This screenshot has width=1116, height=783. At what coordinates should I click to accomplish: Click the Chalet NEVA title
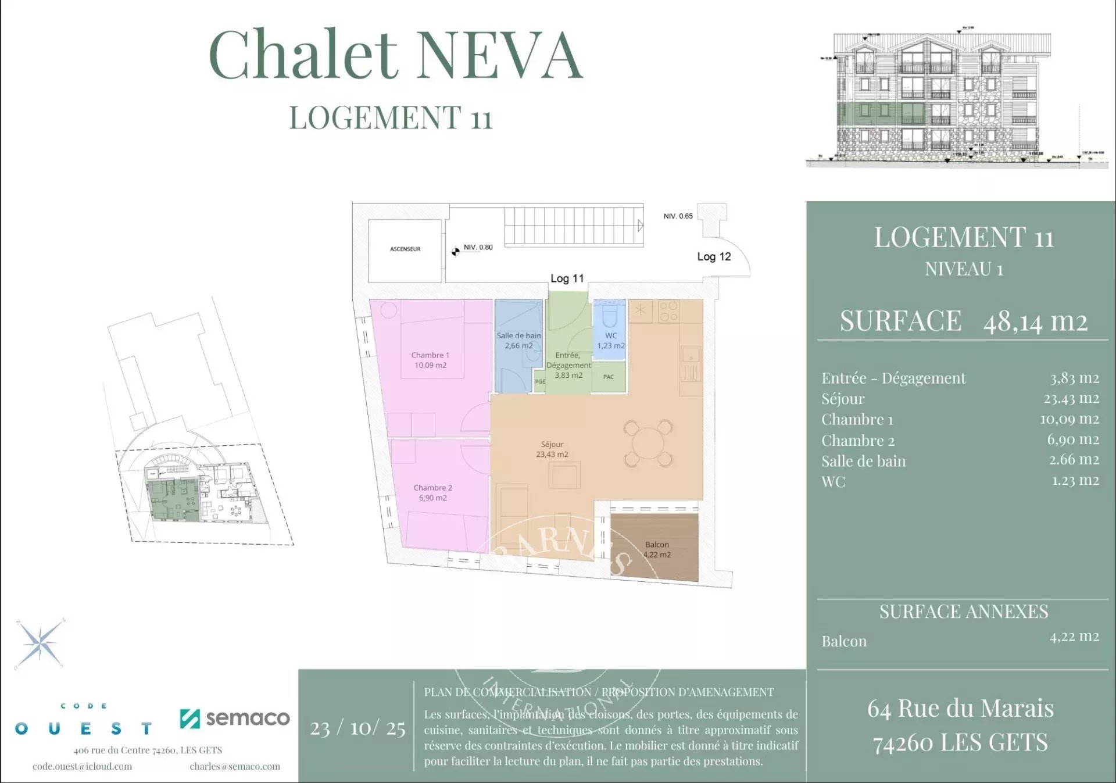point(395,55)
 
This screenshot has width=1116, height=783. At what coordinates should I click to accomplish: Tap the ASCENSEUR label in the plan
point(405,249)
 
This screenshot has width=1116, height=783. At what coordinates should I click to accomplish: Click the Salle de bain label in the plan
point(518,336)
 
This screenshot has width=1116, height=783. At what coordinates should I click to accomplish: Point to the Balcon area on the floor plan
point(656,548)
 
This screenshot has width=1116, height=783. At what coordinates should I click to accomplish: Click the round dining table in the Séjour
point(648,444)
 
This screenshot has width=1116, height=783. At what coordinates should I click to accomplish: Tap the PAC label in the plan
point(609,377)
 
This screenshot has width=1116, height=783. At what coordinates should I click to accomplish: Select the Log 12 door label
point(714,257)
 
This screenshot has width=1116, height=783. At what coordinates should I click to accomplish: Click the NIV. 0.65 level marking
point(678,216)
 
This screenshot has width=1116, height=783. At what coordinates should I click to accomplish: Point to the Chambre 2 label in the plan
point(432,488)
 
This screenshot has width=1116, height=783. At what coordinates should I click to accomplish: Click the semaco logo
point(235,718)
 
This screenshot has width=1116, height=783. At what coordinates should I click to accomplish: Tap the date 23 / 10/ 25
point(357,728)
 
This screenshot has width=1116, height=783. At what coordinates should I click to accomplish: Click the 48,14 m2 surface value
point(1035,321)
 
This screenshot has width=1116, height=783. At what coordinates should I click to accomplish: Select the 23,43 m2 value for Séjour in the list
point(1071,399)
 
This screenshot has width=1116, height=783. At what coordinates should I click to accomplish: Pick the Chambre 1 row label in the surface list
point(857,420)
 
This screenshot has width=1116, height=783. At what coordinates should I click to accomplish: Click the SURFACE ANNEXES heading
point(963,612)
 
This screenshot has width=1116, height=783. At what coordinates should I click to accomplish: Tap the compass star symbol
point(40,644)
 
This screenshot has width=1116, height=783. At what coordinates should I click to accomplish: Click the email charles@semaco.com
point(235,766)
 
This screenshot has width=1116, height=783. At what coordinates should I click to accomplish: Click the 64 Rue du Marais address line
point(960,709)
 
